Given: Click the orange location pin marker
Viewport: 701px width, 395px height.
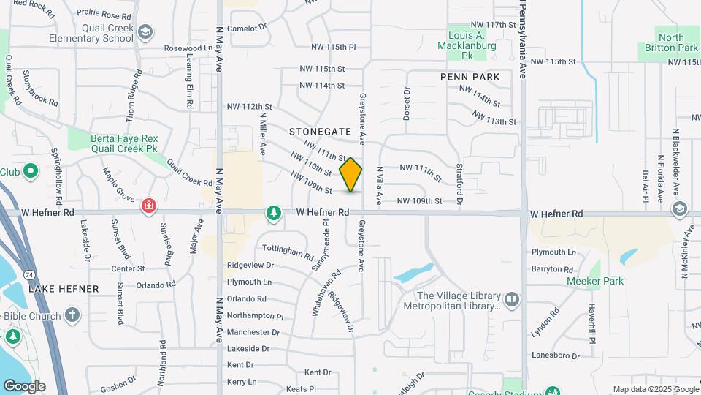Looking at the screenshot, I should pos(350,174).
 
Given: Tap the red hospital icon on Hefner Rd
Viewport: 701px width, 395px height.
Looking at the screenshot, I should pos(149,207).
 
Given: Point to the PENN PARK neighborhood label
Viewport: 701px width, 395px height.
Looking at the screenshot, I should pos(470,77).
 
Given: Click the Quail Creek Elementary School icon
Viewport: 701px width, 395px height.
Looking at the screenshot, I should pos(145,31).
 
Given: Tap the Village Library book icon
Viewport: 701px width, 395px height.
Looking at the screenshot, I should pos(512,299).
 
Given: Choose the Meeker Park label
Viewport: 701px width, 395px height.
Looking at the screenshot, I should pos(595,281).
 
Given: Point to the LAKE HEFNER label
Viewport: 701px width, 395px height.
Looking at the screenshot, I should pos(64,289).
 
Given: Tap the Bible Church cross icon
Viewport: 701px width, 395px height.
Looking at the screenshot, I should pos(72,315).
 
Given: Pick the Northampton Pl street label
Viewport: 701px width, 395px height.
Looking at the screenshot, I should pos(255,316).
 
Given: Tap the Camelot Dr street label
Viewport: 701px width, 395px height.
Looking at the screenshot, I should pos(248,28).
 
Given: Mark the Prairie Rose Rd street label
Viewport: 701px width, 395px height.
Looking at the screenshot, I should pos(104,14).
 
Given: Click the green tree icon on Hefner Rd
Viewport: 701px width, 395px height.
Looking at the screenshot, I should pos(274,213).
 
